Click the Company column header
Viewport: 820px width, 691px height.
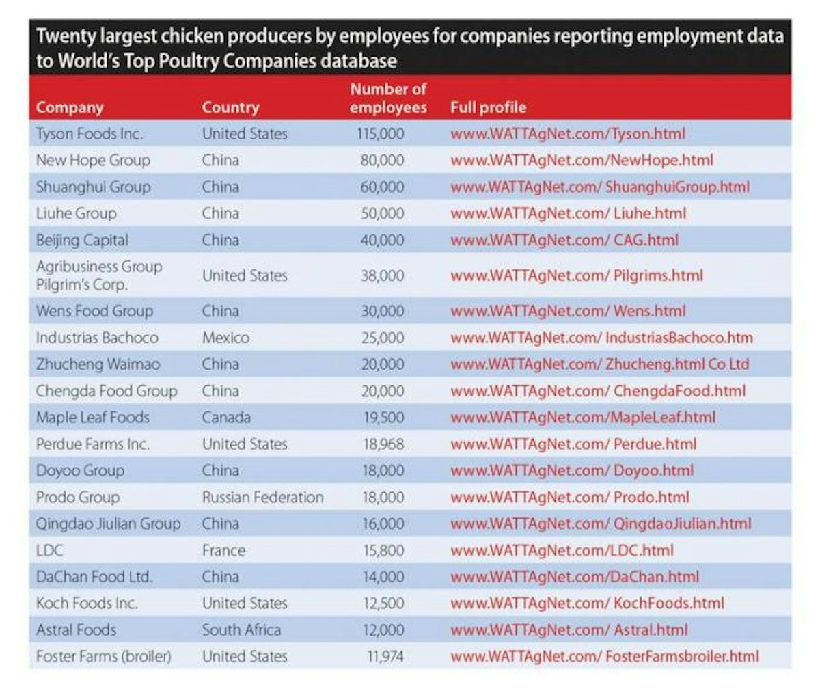(x=70, y=108)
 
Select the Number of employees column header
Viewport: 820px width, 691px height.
(x=388, y=98)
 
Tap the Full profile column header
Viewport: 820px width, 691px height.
(x=488, y=108)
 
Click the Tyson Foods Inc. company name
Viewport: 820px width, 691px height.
(x=89, y=134)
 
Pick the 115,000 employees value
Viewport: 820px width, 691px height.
(x=381, y=134)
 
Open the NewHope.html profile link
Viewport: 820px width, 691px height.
(x=582, y=161)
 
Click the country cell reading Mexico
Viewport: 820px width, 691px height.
(x=225, y=338)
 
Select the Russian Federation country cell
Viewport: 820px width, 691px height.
(x=262, y=498)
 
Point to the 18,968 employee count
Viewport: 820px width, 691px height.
(x=383, y=444)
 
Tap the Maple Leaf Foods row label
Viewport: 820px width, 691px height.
(x=92, y=418)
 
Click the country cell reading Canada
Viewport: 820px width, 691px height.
(x=226, y=418)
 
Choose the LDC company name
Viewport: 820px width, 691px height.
(x=50, y=551)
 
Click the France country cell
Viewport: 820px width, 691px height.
(x=223, y=551)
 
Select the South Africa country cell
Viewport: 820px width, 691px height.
(x=241, y=630)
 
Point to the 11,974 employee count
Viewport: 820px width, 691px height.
(x=385, y=657)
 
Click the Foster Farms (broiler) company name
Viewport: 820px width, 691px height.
(x=103, y=657)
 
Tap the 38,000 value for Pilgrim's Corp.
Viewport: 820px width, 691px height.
(x=382, y=276)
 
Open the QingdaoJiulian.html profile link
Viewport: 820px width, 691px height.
(x=601, y=524)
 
